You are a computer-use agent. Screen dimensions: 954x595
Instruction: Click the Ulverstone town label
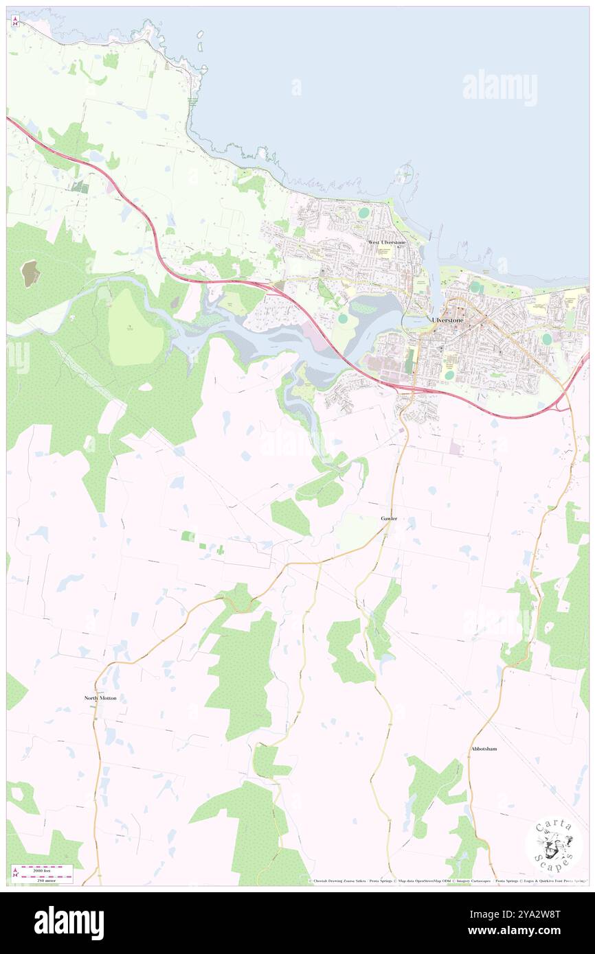[x=448, y=320]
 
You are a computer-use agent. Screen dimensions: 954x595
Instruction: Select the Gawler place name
[x=389, y=517]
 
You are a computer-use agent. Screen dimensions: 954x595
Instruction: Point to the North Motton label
[x=100, y=697]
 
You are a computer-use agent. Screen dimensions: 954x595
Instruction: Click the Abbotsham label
[x=484, y=748]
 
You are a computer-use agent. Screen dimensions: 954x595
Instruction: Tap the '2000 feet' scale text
[x=46, y=868]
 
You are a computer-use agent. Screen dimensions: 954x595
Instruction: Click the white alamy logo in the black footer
[x=69, y=922]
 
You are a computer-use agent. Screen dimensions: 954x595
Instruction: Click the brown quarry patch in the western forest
[x=31, y=274]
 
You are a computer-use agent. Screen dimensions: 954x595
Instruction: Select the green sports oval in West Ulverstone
[x=362, y=213]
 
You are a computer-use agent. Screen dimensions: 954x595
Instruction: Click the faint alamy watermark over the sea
[x=500, y=88]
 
